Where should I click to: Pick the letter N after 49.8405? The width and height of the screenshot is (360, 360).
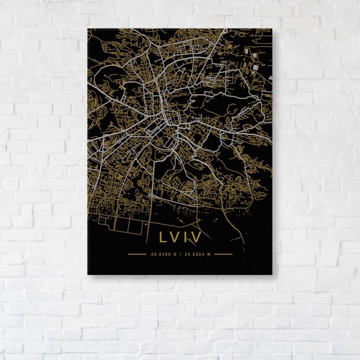click(173, 254)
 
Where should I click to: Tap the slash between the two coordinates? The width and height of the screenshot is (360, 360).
click(178, 254)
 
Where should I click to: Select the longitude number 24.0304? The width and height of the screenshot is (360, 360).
click(192, 254)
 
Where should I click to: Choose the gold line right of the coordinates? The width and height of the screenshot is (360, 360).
click(223, 254)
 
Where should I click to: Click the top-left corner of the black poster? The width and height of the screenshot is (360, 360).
click(88, 29)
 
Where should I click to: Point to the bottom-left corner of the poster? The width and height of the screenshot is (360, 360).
click(88, 275)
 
